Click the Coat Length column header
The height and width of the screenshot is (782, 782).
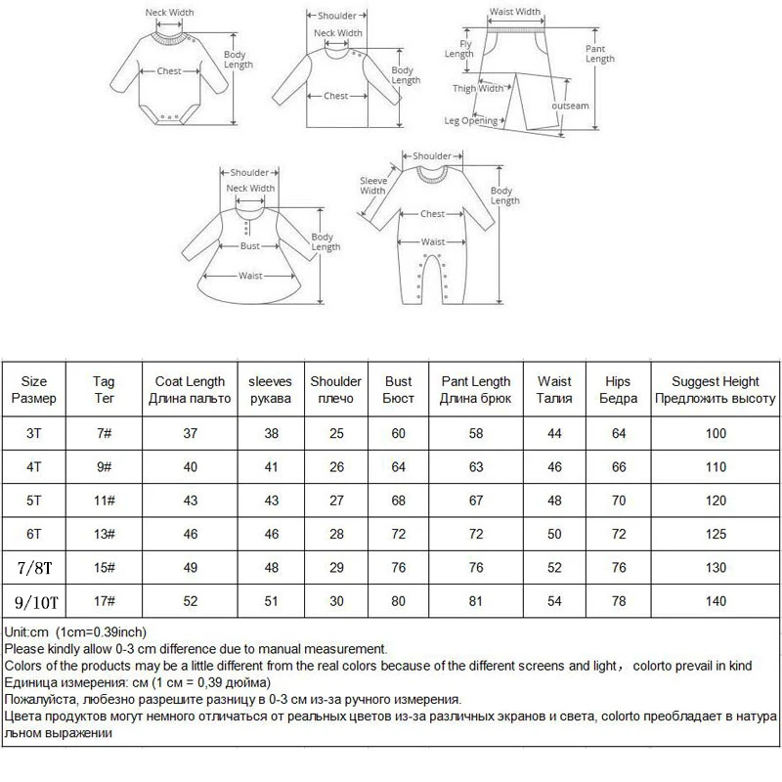[191, 390]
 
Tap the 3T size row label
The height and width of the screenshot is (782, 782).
[34, 433]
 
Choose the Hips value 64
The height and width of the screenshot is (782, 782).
[618, 433]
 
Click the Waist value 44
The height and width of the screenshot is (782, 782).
[554, 433]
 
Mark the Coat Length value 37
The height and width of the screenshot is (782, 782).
[191, 433]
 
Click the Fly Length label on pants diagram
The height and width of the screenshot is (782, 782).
[459, 49]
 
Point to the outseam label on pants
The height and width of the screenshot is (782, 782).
[570, 105]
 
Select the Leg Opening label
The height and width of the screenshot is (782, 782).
[471, 121]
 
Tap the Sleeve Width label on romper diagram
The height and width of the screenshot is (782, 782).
[372, 186]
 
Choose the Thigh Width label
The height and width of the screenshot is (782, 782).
[477, 89]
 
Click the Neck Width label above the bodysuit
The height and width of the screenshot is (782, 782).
[169, 12]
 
